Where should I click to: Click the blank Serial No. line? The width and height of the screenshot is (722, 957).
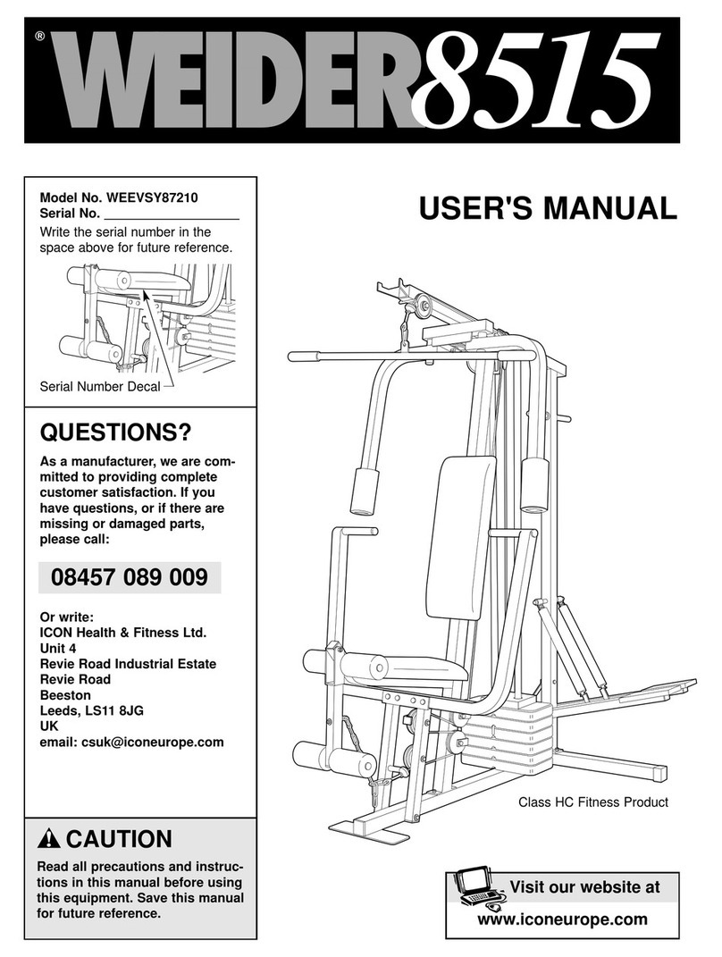tap(172, 215)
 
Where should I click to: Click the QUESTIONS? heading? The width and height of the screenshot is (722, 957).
tap(115, 433)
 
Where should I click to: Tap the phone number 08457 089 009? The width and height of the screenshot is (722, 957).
tap(130, 578)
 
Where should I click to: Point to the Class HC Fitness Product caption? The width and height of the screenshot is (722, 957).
tap(593, 802)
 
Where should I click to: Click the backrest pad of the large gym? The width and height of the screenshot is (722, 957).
tap(459, 536)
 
